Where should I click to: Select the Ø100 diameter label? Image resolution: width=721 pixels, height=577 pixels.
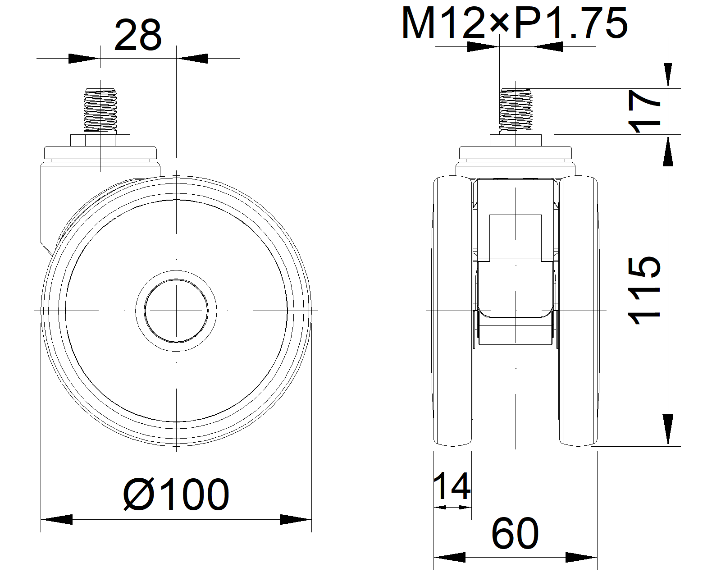(176, 495)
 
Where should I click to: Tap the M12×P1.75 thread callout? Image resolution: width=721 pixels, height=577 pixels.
(514, 23)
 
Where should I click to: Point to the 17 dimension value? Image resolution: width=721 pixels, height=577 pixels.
(643, 111)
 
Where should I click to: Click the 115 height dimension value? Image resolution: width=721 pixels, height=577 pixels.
(643, 291)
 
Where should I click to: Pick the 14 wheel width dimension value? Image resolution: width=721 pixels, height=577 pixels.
(452, 486)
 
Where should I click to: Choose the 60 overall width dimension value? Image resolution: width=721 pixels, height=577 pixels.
(515, 533)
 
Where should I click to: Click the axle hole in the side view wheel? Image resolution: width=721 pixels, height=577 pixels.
(176, 311)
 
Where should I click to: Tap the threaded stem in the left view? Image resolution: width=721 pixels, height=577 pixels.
(100, 110)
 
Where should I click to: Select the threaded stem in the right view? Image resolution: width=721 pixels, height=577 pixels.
(516, 110)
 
